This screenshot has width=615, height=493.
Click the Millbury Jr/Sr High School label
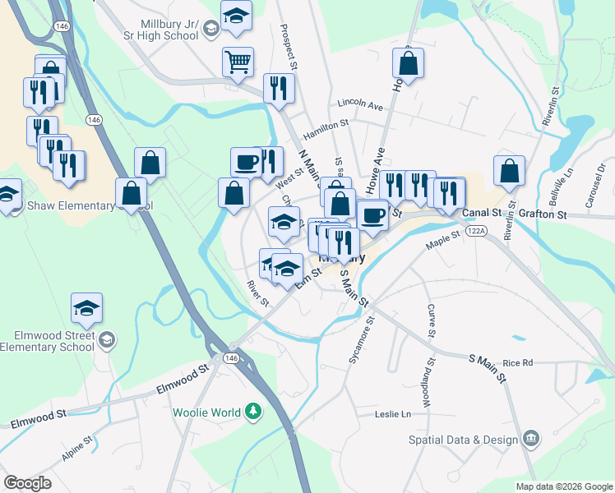pyautogui.click(x=170, y=29)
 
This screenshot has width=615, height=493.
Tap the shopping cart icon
pyautogui.click(x=238, y=61)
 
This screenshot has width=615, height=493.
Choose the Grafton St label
pyautogui.click(x=547, y=214)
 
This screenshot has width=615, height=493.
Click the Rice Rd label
pyautogui.click(x=518, y=362)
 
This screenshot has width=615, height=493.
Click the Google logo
pyautogui.click(x=27, y=483)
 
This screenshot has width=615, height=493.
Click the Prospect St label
pyautogui.click(x=290, y=46)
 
